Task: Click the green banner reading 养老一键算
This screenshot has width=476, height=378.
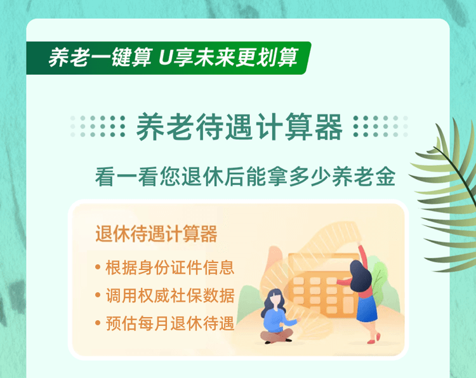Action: click(168, 58)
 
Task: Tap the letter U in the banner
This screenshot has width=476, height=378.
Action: click(166, 57)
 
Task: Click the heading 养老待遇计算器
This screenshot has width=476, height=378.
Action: click(239, 126)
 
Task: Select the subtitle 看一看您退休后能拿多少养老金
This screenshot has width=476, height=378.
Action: click(245, 176)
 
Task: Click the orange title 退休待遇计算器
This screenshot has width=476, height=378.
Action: click(156, 234)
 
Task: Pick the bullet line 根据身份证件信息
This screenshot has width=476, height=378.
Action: click(170, 267)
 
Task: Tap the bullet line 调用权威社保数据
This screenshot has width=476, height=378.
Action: click(170, 295)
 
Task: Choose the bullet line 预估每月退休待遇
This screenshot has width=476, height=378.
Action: click(170, 323)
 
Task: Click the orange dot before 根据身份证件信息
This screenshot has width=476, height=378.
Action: click(98, 267)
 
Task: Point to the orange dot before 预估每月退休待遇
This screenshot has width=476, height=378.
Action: click(98, 323)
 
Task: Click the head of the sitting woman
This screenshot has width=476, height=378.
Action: click(275, 299)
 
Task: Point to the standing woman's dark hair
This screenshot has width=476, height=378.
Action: click(360, 276)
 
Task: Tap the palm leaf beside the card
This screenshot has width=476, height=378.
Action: click(446, 194)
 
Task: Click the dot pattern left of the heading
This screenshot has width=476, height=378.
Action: click(98, 126)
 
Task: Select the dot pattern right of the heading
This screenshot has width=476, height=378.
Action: click(381, 126)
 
